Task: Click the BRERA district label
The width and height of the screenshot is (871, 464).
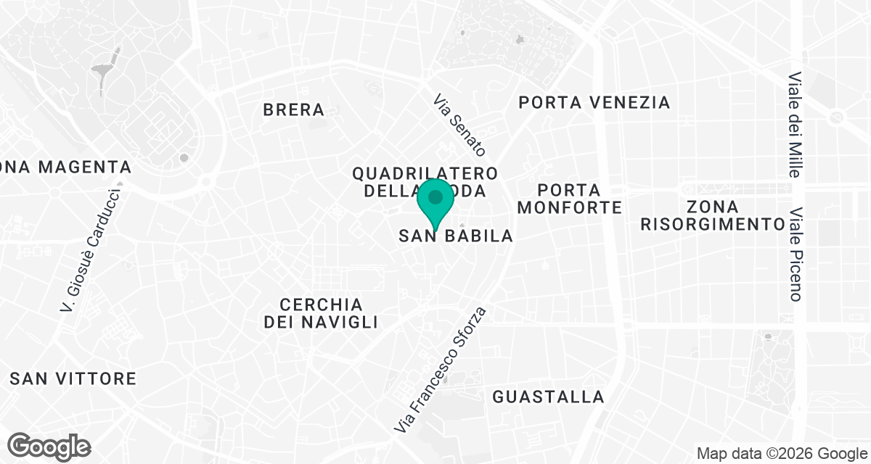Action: [x=294, y=110]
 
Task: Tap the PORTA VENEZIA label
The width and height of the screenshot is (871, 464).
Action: [x=594, y=103]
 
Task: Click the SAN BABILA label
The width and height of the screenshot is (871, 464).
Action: [x=457, y=236]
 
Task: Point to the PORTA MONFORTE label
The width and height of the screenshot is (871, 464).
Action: [x=570, y=199]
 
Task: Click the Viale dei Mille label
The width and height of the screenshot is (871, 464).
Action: [x=796, y=125]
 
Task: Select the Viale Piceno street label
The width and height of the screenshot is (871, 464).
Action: [x=796, y=256]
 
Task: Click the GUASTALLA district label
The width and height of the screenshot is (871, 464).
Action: [x=548, y=397]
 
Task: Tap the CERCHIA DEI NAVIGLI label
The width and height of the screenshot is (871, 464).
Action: [x=321, y=313]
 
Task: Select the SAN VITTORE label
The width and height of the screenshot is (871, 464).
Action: [x=73, y=378]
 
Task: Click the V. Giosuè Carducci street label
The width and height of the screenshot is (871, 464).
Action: [x=91, y=250]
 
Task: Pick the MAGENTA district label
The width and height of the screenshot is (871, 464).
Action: [x=85, y=167]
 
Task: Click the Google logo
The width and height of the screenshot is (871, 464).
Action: [x=49, y=446]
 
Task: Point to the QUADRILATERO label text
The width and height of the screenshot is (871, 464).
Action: [x=425, y=174]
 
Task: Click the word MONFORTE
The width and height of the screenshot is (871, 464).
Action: [x=570, y=208]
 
